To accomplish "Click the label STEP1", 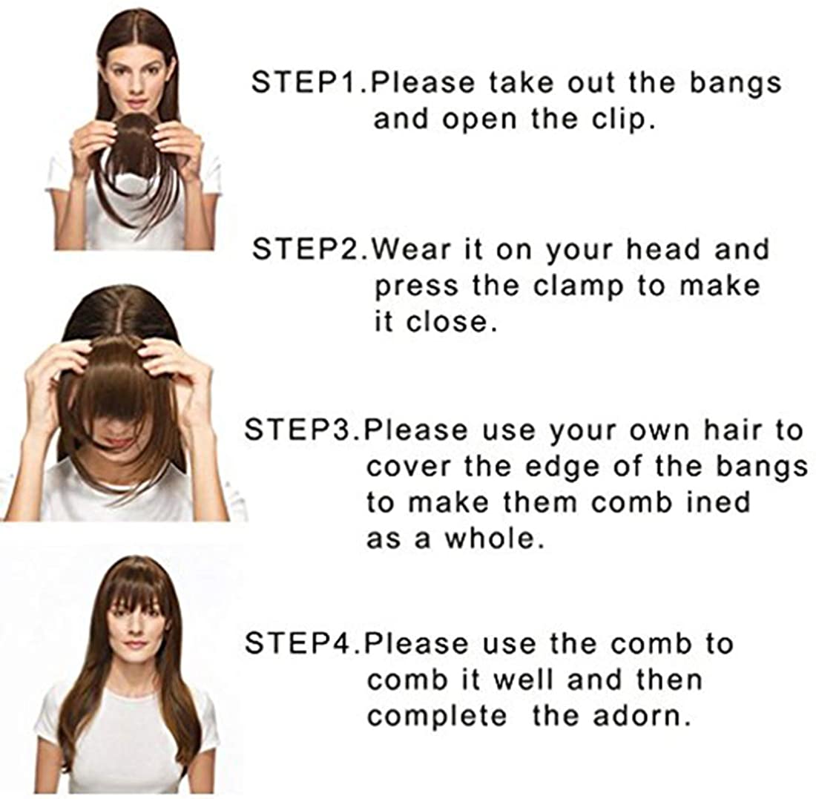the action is pyautogui.click(x=308, y=83).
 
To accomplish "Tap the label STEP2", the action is pyautogui.click(x=309, y=249).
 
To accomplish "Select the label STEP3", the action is pyautogui.click(x=300, y=430).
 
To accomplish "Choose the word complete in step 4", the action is pyautogui.click(x=437, y=717).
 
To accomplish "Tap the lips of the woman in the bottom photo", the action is pyautogui.click(x=135, y=645).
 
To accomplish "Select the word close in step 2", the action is pyautogui.click(x=448, y=323).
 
